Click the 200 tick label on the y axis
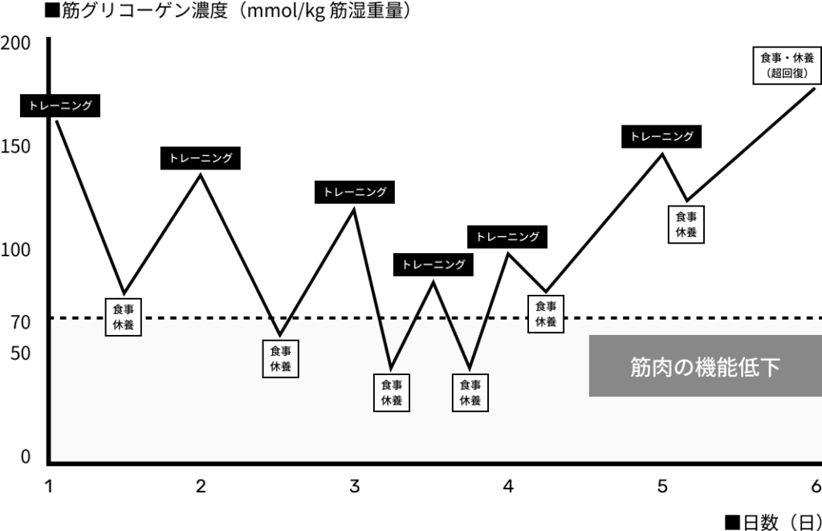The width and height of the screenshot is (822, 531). click(15, 43)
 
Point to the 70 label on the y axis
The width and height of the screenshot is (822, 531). click(20, 322)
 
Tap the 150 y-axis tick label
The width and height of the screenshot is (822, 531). click(15, 146)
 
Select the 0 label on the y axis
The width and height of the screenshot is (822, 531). click(26, 457)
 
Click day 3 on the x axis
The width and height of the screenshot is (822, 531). click(354, 486)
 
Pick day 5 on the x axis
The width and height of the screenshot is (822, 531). click(662, 486)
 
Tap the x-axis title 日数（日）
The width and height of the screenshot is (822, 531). click(773, 522)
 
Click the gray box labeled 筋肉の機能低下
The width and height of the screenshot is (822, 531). click(705, 366)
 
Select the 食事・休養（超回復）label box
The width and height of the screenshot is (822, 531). click(787, 66)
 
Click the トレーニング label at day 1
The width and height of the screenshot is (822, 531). click(60, 105)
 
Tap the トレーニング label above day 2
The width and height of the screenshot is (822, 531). click(200, 158)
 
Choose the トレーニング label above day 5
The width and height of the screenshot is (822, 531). click(661, 137)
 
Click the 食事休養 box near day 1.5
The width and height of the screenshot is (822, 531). click(123, 317)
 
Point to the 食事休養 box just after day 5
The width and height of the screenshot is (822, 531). click(686, 225)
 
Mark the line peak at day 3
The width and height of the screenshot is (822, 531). click(354, 210)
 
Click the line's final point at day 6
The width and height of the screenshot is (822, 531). click(814, 88)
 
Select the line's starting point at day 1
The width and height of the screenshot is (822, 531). click(56, 121)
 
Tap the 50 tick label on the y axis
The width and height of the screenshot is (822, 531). click(20, 353)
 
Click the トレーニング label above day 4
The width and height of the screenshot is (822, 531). click(507, 237)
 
